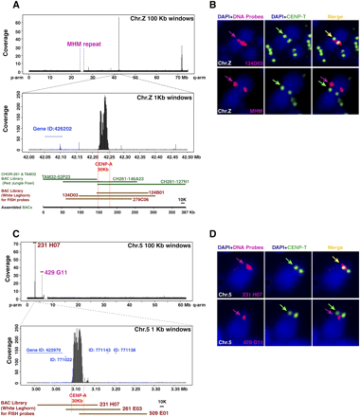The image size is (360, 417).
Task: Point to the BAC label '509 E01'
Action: pyautogui.click(x=177, y=411)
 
